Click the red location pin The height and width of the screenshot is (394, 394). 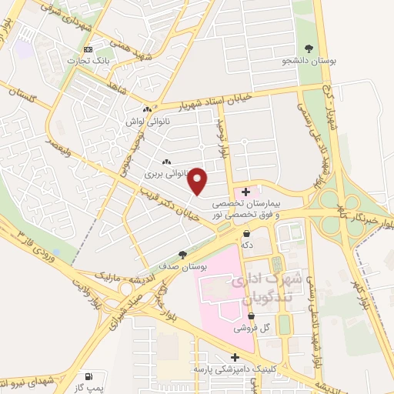tap(199, 180)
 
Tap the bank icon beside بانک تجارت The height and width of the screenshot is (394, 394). tap(88, 49)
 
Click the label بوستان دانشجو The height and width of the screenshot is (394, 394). tap(309, 58)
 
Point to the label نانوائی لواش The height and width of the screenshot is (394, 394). tap(145, 122)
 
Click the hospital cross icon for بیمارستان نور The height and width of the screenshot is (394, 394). tap(246, 192)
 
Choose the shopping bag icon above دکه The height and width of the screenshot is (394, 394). tap(246, 233)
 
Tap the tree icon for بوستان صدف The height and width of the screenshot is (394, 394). tap(182, 254)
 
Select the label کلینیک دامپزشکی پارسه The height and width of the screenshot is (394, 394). tap(234, 369)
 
